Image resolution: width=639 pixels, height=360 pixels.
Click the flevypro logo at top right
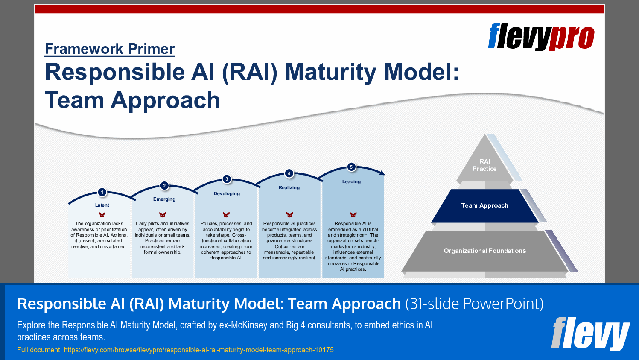541,37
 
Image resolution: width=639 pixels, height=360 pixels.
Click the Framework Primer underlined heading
110,49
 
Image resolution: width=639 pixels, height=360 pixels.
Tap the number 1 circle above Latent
102,192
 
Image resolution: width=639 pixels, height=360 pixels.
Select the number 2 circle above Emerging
164,186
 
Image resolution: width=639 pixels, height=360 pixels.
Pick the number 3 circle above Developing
227,179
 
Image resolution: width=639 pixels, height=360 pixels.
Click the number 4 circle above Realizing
289,173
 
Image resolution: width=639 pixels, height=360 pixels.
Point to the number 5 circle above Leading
351,167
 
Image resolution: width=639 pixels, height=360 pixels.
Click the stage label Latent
102,205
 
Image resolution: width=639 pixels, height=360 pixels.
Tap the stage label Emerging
164,199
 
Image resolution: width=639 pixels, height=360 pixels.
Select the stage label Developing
227,193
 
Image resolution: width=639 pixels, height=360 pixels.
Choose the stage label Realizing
289,187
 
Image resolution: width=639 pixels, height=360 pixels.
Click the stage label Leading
351,181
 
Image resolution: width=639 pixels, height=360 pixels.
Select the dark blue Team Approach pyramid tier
484,205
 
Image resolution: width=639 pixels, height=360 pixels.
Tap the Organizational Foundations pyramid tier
484,251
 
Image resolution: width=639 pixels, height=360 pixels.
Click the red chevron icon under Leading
353,214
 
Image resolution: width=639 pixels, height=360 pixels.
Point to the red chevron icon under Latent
102,214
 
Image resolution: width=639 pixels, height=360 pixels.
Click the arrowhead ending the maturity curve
382,173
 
